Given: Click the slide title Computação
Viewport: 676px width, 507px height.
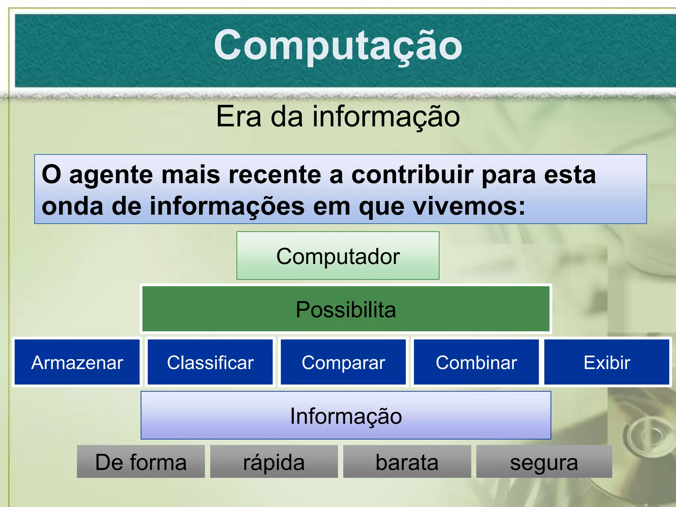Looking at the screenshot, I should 338,46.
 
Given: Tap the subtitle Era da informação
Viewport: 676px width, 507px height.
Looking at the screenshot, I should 338,116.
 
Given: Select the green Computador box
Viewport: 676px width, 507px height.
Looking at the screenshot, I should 338,256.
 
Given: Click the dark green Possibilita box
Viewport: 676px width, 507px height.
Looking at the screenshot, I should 346,309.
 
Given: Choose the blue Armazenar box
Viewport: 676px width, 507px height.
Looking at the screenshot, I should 77,362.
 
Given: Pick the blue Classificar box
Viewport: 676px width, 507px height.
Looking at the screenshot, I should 210,362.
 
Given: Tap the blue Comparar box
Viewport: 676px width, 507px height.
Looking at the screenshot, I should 343,362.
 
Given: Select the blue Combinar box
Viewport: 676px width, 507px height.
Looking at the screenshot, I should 476,362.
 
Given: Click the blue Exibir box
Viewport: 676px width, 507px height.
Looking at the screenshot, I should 607,362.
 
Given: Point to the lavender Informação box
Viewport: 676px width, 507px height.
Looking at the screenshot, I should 346,416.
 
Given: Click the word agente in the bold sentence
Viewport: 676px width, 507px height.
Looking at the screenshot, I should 111,176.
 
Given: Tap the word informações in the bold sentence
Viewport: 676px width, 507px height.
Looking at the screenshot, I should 227,207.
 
